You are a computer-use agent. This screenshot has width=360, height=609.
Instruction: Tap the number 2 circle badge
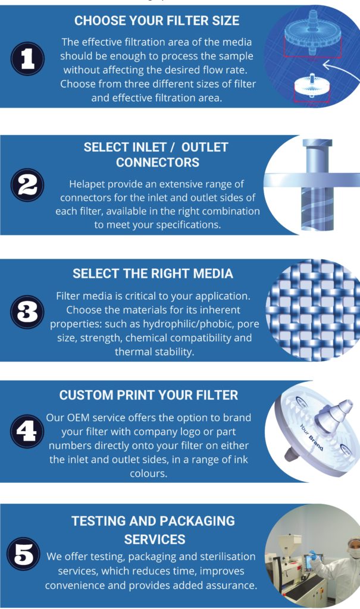(x=27, y=185)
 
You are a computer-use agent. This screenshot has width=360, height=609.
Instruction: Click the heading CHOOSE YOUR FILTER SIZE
(x=157, y=21)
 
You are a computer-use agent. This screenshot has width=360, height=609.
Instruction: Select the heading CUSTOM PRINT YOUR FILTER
(x=149, y=395)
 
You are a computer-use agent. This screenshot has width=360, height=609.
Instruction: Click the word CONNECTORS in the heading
(x=157, y=162)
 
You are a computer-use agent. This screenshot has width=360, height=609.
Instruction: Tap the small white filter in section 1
(x=312, y=89)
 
